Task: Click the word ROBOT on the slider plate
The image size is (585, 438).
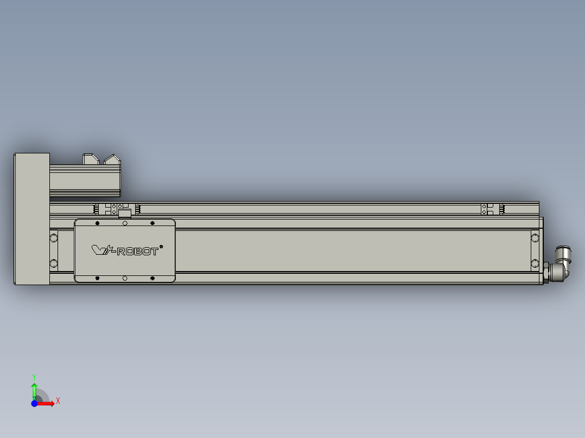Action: (138, 251)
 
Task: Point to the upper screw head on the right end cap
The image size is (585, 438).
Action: (535, 237)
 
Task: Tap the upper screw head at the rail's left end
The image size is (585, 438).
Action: (54, 237)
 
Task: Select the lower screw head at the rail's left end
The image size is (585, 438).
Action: (54, 263)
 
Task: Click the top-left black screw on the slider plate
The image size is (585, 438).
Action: (97, 223)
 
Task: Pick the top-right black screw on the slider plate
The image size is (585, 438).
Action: (152, 223)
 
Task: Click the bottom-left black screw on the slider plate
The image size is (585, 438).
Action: (97, 278)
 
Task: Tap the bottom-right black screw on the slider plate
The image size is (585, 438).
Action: (152, 278)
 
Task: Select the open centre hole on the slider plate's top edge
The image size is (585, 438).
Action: (125, 223)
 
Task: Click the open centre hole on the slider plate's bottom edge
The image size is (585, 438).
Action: (125, 278)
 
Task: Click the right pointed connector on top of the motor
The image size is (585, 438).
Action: (112, 159)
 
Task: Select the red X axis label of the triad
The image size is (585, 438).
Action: (58, 401)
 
